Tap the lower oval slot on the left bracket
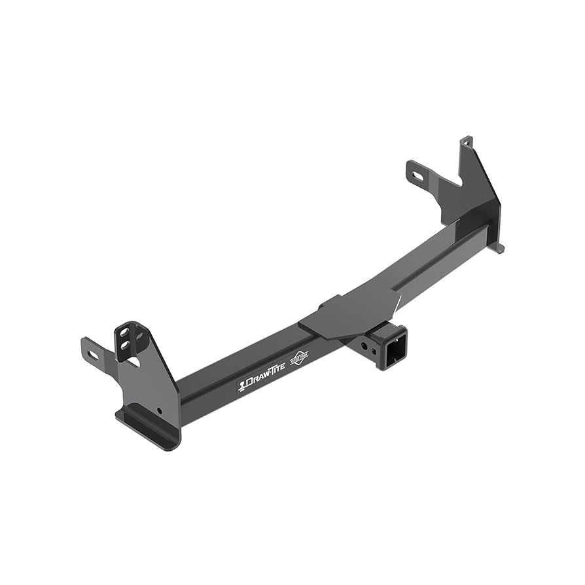(x=124, y=347)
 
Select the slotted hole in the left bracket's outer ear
(x=92, y=355)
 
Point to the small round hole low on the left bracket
(x=158, y=412)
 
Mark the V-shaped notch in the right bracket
(x=452, y=186)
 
